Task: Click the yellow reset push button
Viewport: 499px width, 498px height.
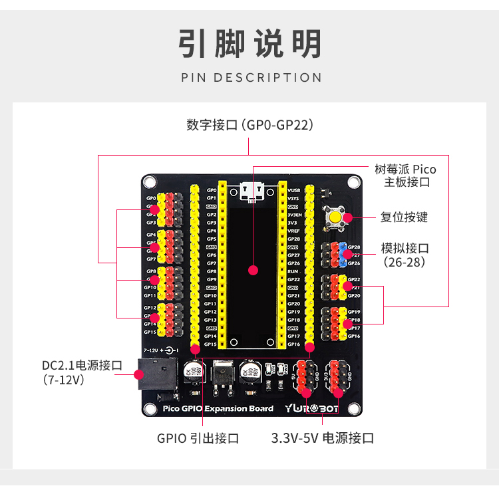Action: point(337,218)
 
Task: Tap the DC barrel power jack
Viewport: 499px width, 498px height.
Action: point(150,374)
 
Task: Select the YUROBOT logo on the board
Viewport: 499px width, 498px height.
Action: point(312,408)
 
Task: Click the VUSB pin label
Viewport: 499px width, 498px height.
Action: point(293,190)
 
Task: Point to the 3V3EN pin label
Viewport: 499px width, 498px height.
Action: point(295,215)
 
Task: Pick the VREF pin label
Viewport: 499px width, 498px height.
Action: point(293,231)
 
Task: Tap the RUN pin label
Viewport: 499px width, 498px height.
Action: point(292,271)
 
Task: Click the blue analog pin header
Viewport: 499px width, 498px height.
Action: point(343,255)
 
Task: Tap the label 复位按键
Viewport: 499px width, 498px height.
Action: point(404,217)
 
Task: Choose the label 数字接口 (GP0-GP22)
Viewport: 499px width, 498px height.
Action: point(249,125)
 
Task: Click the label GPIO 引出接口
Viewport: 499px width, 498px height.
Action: point(198,438)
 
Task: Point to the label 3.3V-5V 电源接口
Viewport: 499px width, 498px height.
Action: point(322,438)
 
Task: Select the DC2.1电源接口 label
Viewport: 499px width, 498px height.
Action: point(81,366)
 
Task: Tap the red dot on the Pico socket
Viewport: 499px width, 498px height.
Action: point(252,270)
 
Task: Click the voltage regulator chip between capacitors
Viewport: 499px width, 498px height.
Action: point(222,373)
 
